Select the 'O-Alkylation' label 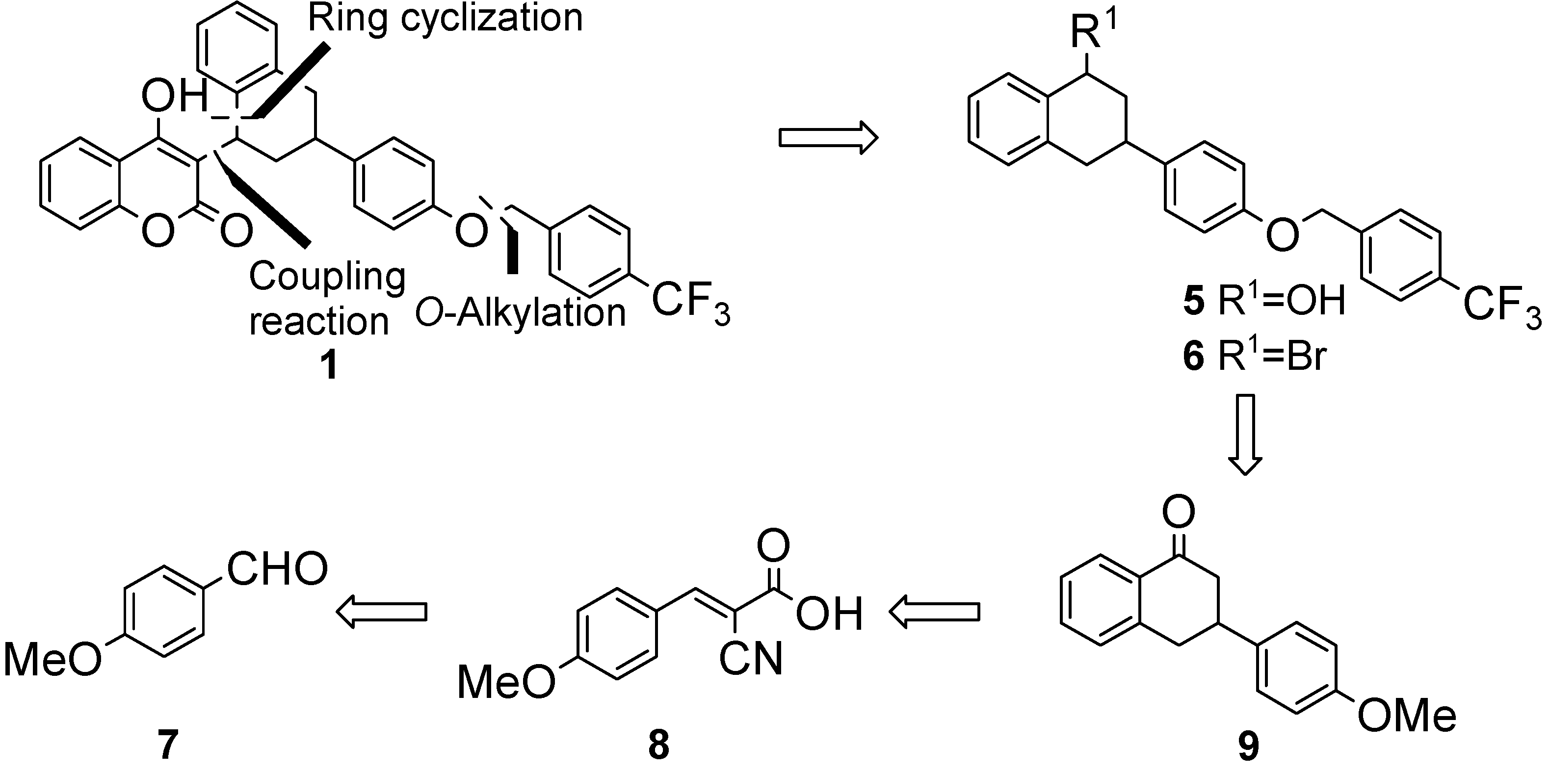tap(521, 313)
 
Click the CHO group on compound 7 tap(277, 568)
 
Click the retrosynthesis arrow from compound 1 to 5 tap(828, 138)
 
